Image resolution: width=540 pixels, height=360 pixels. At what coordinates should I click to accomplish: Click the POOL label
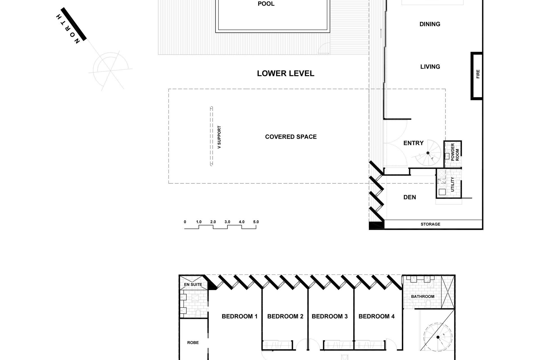tap(266, 4)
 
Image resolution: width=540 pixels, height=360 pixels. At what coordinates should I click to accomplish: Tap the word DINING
tap(429, 24)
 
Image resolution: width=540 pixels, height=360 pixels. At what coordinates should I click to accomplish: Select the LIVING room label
tap(430, 67)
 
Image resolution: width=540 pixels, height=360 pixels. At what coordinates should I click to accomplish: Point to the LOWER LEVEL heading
tap(285, 74)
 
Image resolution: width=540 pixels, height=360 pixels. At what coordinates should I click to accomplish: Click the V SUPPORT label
tap(219, 137)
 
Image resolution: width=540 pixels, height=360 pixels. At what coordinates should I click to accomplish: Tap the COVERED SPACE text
tap(291, 137)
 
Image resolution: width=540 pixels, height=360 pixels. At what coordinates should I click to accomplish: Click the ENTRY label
tap(413, 143)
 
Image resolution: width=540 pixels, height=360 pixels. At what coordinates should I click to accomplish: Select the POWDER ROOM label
tap(455, 152)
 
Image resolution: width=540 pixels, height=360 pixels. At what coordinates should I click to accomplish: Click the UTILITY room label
tap(452, 184)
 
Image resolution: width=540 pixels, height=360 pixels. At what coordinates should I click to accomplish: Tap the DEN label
tap(409, 197)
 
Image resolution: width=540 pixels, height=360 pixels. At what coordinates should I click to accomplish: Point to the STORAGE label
tap(430, 224)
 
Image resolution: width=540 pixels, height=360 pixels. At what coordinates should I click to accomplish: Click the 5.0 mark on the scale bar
tap(256, 222)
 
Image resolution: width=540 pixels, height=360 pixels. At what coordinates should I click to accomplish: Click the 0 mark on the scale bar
tap(185, 222)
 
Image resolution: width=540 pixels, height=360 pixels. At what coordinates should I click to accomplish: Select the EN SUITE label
tap(193, 285)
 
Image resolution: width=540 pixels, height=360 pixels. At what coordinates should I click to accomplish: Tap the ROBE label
tap(193, 343)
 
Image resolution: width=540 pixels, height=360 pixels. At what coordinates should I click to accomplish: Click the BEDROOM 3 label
tap(329, 316)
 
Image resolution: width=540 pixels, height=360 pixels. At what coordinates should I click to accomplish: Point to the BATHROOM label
tap(422, 296)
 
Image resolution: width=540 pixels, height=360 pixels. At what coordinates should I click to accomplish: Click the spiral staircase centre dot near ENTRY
tap(428, 153)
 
